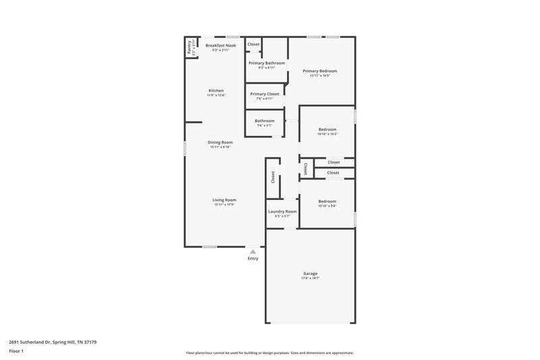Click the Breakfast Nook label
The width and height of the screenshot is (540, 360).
click(x=221, y=45)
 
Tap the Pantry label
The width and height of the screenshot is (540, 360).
click(x=190, y=47)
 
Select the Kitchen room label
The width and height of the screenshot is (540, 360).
click(x=216, y=91)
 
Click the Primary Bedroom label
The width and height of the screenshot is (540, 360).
click(x=319, y=71)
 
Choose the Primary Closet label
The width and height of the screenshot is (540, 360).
click(x=264, y=94)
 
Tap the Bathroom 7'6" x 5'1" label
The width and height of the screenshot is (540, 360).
click(x=264, y=121)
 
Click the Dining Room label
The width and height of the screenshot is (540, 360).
click(x=221, y=142)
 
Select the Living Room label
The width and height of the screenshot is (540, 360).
click(x=224, y=200)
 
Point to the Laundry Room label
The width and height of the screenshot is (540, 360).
click(x=282, y=211)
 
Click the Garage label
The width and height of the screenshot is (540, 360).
click(x=310, y=274)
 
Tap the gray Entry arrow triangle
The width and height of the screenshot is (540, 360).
click(x=253, y=251)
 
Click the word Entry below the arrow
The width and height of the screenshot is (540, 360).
click(x=253, y=259)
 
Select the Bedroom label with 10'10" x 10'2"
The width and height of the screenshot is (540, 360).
click(x=327, y=129)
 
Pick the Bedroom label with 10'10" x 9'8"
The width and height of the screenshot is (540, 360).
click(x=327, y=201)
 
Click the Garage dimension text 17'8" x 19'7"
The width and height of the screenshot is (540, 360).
click(x=310, y=278)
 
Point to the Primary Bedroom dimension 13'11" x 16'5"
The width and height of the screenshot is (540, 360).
click(x=319, y=75)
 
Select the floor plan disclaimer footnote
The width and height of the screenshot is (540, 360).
click(x=269, y=353)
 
